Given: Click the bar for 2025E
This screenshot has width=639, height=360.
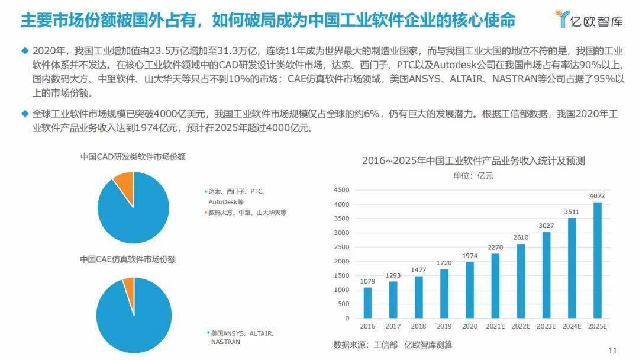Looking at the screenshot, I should [598, 260].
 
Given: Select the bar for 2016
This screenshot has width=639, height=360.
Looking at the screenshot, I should [367, 303].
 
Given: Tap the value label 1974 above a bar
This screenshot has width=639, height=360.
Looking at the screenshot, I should [469, 256].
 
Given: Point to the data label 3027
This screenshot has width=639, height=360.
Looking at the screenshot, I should [546, 226].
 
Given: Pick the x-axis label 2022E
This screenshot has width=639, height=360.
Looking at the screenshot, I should [521, 326].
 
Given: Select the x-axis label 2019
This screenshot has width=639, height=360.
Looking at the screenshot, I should [444, 326].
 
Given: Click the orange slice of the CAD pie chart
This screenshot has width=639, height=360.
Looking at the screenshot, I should [124, 183].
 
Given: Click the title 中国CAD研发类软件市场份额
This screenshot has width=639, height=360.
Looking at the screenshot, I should [133, 157].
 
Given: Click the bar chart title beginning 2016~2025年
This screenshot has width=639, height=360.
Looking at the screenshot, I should [474, 161].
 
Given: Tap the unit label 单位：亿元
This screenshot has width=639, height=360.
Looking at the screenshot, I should [473, 176].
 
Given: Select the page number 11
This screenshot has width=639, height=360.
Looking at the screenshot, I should [612, 350].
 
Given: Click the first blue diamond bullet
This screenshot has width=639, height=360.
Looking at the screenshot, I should [24, 50].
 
